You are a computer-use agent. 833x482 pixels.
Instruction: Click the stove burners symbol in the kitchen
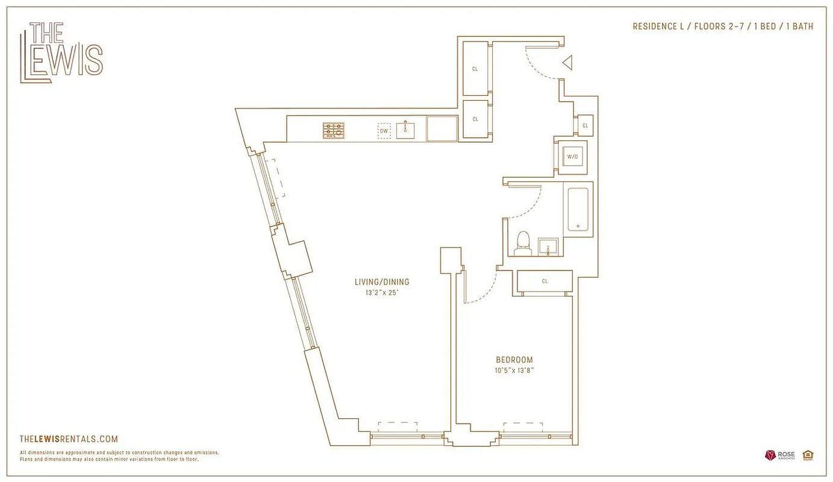point(334,130)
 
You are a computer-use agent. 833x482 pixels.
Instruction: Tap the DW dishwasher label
point(384,131)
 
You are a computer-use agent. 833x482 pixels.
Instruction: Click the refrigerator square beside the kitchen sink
point(442,129)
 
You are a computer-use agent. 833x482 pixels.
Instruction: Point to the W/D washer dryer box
point(572,157)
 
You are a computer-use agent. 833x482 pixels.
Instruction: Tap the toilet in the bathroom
point(523,243)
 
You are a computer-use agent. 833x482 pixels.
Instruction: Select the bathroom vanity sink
point(548,247)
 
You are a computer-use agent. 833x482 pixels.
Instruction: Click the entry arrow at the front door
point(567,63)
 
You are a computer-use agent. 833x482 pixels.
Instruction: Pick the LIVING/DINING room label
point(382,282)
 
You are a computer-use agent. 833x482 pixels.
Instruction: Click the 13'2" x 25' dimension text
point(382,293)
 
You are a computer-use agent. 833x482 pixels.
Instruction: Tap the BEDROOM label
point(514,360)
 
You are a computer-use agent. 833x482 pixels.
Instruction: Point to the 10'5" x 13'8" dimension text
point(514,371)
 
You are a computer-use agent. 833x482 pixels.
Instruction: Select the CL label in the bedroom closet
point(544,281)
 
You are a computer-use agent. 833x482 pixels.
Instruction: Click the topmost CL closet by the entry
point(475,69)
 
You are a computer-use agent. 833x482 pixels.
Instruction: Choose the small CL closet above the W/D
point(585,125)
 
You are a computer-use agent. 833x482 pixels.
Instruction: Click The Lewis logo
point(61,52)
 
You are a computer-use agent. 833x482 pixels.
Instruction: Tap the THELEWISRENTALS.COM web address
point(69,439)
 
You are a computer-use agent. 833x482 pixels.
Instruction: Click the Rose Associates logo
point(781,455)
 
